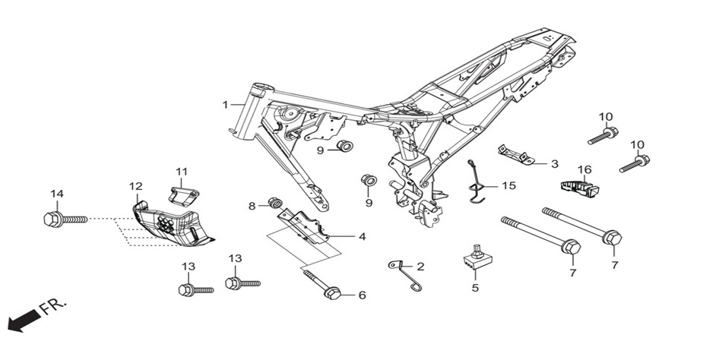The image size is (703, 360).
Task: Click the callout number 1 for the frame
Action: tap(226, 105)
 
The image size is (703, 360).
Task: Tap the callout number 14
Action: tap(57, 194)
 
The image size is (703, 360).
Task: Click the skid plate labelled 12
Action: tap(173, 223)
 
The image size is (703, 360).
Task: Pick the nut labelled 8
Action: tap(274, 203)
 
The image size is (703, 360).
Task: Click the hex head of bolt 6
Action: tap(332, 294)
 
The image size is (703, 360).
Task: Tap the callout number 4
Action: tap(362, 236)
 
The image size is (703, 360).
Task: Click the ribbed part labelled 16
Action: tap(581, 187)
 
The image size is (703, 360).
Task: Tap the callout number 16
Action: tap(584, 169)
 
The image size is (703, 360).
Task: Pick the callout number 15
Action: tap(509, 185)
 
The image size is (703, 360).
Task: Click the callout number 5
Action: tap(475, 288)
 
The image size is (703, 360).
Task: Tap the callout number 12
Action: tap(136, 186)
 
